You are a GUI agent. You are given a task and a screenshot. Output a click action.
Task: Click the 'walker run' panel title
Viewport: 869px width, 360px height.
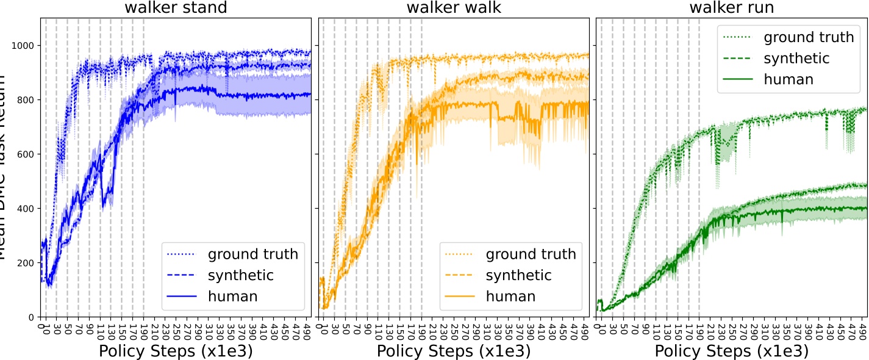[x=731, y=8]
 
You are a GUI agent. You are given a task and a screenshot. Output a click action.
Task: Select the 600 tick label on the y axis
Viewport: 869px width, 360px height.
[x=27, y=154]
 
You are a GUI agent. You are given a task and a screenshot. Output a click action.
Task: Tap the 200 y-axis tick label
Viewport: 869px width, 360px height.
[x=27, y=263]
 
